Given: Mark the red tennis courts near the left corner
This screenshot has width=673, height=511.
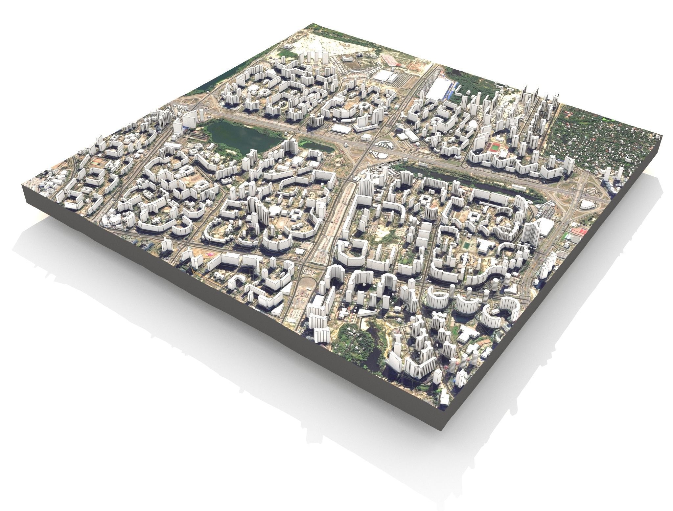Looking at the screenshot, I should coord(96,161).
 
